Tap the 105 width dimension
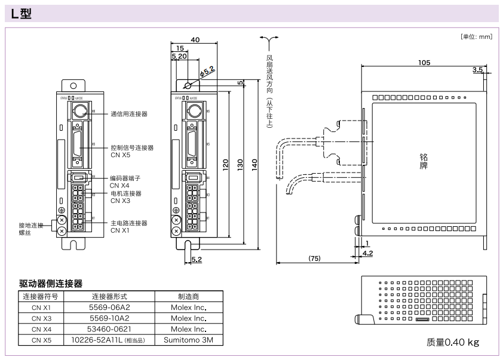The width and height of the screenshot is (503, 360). tap(424, 62)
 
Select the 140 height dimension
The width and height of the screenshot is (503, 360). tap(254, 164)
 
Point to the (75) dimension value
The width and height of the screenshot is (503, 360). tap(315, 258)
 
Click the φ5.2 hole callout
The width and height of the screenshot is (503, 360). tap(207, 72)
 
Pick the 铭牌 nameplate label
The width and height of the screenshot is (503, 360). tap(424, 161)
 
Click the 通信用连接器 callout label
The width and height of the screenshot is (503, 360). tap(128, 113)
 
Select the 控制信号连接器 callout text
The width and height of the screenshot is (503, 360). tap(132, 147)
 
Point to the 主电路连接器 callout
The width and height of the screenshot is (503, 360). tap(128, 223)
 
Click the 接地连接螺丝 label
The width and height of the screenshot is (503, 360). tap(31, 229)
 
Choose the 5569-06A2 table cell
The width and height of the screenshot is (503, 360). tap(109, 307)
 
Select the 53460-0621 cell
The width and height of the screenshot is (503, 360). tap(109, 329)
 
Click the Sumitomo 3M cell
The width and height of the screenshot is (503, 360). tap(188, 340)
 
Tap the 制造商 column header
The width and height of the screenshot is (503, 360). tap(188, 296)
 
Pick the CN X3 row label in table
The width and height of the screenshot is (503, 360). tap(41, 318)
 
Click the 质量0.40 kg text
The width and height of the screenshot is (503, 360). tap(452, 342)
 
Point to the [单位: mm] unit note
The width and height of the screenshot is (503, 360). tap(476, 37)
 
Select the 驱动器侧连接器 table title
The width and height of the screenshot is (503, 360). tap(51, 283)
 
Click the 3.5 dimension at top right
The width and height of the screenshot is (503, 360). tap(477, 69)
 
